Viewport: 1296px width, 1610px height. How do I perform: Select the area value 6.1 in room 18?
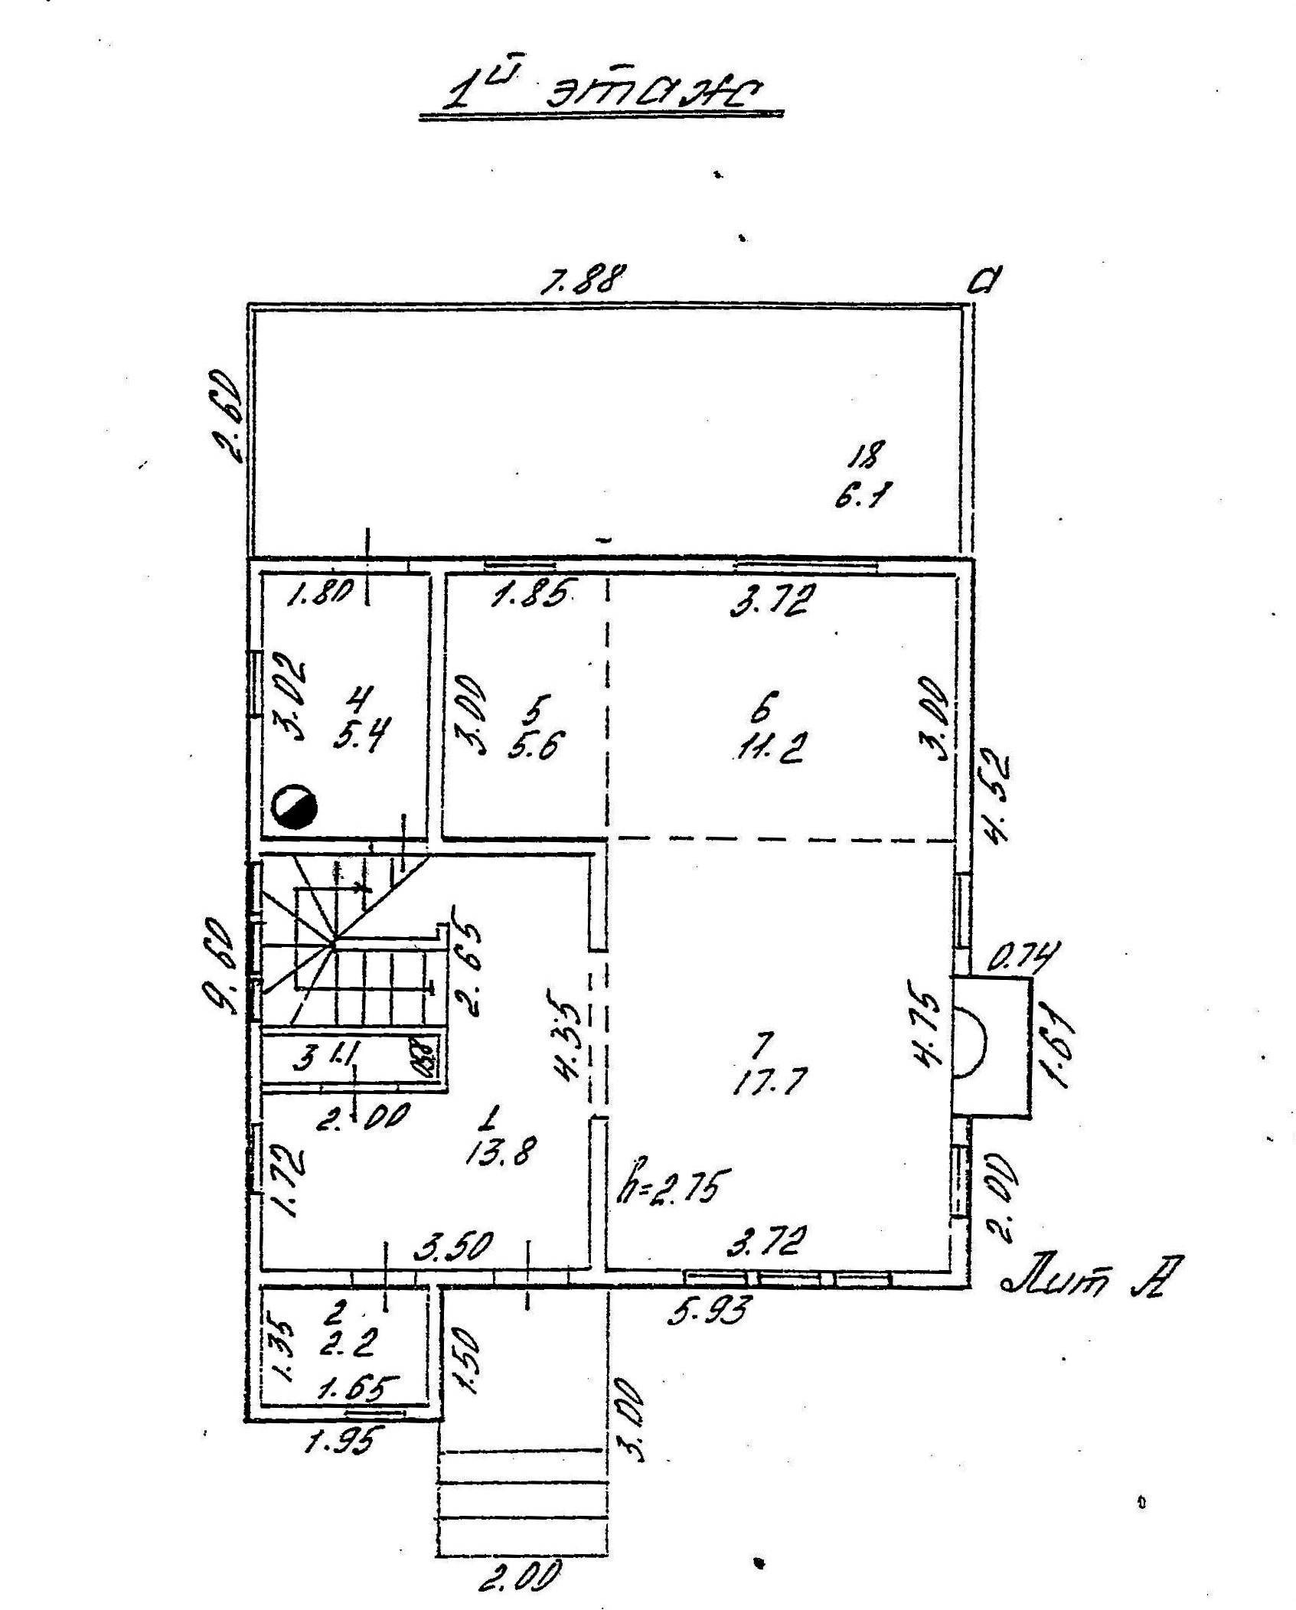tap(862, 496)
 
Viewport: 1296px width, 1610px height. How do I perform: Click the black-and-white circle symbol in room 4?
tap(295, 807)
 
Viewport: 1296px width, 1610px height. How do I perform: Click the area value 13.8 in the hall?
tap(501, 1150)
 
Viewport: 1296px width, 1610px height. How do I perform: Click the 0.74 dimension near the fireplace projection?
tap(1022, 957)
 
